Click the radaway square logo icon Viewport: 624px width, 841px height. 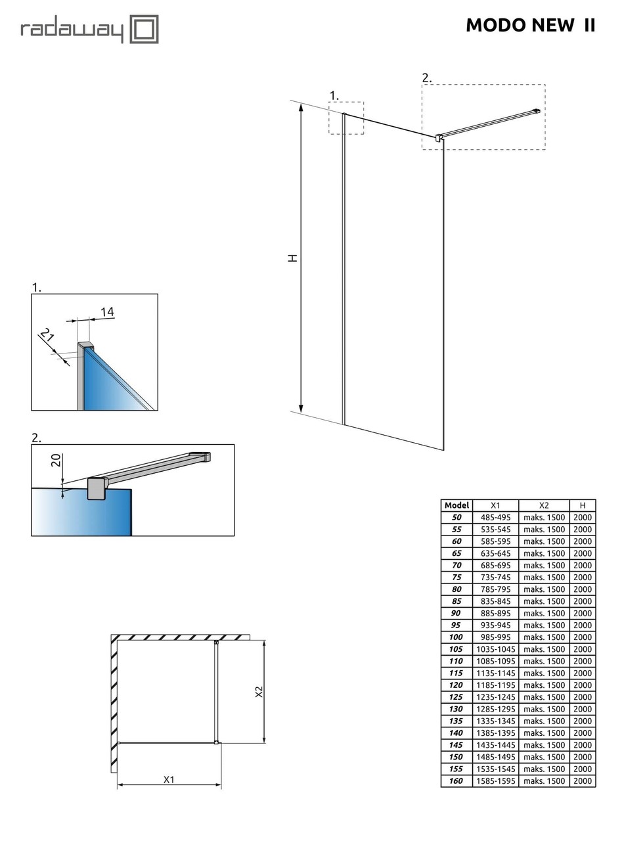144,30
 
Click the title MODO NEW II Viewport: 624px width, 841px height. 530,25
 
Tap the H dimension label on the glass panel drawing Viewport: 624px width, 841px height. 293,258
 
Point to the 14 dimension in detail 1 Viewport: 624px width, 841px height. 107,311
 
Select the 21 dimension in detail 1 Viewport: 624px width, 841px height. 47,336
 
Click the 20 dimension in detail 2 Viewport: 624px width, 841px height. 56,459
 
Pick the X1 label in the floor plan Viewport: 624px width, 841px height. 169,779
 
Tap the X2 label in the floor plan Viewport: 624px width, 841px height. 259,692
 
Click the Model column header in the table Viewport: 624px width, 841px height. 457,505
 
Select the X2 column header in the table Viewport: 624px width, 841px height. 544,505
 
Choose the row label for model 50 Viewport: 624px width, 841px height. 457,517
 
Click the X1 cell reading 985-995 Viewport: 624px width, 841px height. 495,637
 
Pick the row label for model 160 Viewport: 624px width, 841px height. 457,781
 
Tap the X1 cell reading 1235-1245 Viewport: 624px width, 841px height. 495,696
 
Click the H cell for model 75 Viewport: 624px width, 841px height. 582,577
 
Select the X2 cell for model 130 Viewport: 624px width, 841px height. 544,709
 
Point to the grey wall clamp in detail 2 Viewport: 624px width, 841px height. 97,488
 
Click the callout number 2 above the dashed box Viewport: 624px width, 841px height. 427,78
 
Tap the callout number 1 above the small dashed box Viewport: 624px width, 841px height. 334,95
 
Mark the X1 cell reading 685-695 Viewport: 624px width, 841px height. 495,565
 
